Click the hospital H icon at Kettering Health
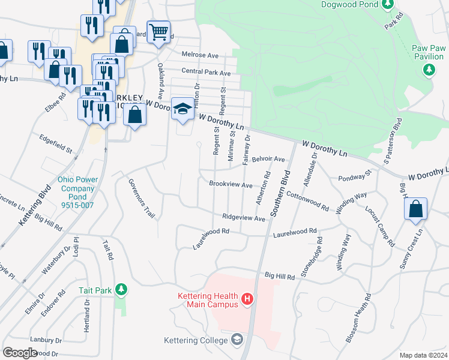246,298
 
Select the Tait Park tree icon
121,290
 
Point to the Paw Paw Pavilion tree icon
429,70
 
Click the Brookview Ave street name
231,185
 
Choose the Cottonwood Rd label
307,201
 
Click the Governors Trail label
138,199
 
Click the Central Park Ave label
206,73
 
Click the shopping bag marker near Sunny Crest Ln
415,209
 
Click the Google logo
20,352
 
